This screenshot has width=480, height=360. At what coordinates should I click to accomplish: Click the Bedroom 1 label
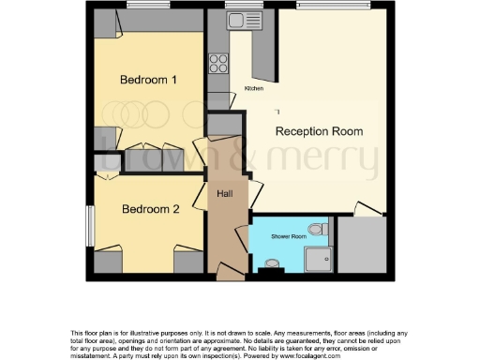click(148, 80)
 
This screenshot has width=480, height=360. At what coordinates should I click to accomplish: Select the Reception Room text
click(319, 131)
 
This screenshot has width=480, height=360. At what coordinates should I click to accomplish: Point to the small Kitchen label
click(254, 88)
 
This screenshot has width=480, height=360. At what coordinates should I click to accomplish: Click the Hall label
click(225, 194)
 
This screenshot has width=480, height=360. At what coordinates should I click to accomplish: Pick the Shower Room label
click(288, 237)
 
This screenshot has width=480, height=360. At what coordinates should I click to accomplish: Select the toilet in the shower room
click(315, 230)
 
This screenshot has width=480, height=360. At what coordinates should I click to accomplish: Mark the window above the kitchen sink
click(237, 6)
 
